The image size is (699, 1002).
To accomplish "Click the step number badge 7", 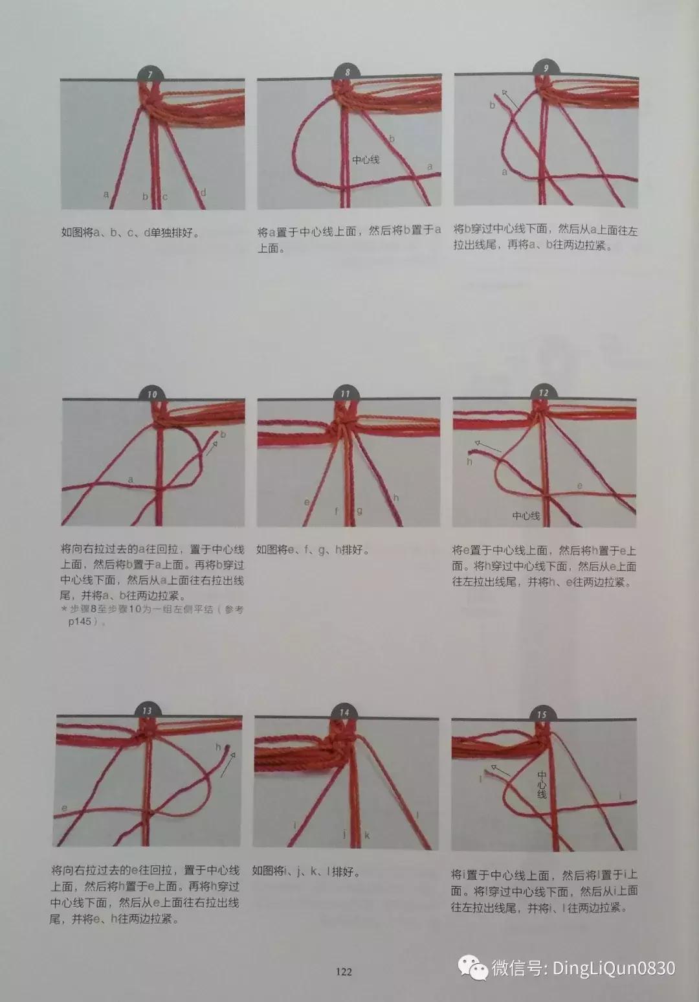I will (150, 74).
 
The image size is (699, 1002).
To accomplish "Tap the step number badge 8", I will (348, 73).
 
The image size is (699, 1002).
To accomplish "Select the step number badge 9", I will (546, 68).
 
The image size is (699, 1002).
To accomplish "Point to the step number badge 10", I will (152, 394).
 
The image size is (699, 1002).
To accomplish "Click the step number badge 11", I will (346, 393).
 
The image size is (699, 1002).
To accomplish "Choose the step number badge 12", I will (543, 393).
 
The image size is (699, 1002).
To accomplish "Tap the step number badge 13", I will (147, 711).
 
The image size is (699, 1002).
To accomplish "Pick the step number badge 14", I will (344, 712).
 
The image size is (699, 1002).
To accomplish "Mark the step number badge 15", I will (542, 714).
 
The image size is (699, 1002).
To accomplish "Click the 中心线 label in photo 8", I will (366, 159).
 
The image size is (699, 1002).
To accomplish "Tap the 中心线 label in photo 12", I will (526, 516).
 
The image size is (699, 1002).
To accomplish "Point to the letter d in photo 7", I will (203, 192).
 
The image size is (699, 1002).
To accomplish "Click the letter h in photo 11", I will (395, 497).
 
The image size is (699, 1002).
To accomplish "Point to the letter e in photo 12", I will (579, 486).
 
